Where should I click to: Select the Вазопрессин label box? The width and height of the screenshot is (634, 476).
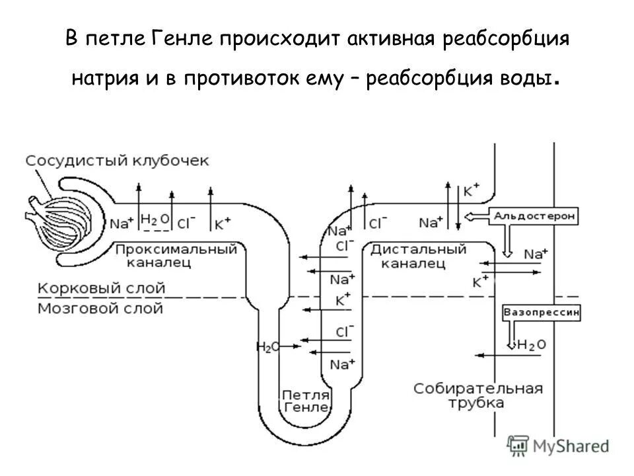[x=542, y=312]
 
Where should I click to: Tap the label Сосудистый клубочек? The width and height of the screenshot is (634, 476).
[x=117, y=161]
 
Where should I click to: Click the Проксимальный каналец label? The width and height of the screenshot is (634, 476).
[x=176, y=256]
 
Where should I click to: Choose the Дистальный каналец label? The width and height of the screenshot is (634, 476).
[x=418, y=256]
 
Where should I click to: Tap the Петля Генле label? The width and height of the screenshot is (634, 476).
[x=305, y=401]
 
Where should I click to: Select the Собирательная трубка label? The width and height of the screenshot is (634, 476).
[x=478, y=395]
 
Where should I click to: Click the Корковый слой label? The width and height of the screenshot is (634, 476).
[x=101, y=288]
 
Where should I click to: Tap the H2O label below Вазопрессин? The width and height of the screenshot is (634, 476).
[x=532, y=344]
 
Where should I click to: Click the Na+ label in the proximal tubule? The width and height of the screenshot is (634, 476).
[x=122, y=223]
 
